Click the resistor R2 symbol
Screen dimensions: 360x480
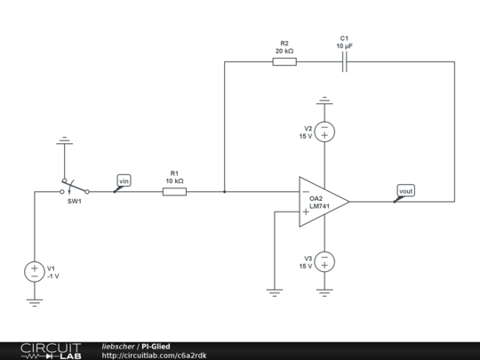point(284,62)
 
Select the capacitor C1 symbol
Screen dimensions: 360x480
point(345,62)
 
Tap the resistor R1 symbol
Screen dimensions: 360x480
point(174,191)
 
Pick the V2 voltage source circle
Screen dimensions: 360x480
point(324,132)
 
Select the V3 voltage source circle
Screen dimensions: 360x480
point(324,261)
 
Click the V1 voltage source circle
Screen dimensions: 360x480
point(34,271)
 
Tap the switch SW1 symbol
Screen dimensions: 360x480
point(75,188)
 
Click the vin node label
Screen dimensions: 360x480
point(124,181)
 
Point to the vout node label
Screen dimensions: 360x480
point(405,190)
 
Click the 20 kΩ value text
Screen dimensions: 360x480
point(284,52)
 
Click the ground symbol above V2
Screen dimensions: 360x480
point(324,100)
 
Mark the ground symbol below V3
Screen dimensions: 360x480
point(324,291)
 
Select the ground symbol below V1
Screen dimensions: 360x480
point(34,301)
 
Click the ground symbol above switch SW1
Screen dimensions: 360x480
point(63,140)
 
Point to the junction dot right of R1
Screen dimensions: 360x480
point(224,191)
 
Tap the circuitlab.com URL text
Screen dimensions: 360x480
point(154,356)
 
